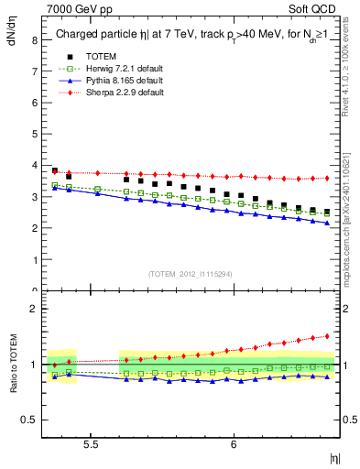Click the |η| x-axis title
pos(334,457)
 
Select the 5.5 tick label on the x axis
pos(92,443)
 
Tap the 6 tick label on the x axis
pos(235,443)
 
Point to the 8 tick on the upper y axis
pos(34,40)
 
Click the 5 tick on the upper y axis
pos(34,135)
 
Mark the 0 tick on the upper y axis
pos(34,291)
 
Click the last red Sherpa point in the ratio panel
pos(327,336)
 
